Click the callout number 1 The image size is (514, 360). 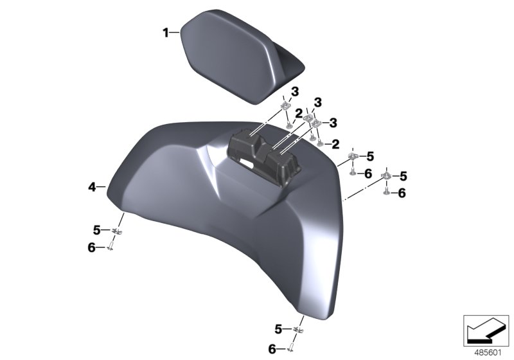pyautogui.click(x=165, y=32)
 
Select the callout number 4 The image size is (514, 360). pyautogui.click(x=92, y=187)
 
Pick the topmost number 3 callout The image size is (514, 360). pyautogui.click(x=295, y=92)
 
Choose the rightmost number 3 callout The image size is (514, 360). pyautogui.click(x=333, y=122)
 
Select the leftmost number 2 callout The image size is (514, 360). pyautogui.click(x=298, y=113)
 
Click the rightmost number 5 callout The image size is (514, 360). pyautogui.click(x=403, y=175)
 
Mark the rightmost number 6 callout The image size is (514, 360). pyautogui.click(x=402, y=192)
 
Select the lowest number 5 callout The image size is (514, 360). pyautogui.click(x=278, y=329)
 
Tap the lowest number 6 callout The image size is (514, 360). pyautogui.click(x=272, y=348)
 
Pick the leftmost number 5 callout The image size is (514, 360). pyautogui.click(x=96, y=230)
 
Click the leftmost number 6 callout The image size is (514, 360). pyautogui.click(x=92, y=247)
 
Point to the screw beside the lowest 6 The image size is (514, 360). pyautogui.click(x=291, y=349)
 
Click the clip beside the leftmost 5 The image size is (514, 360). pyautogui.click(x=116, y=231)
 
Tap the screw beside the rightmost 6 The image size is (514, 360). pyautogui.click(x=386, y=192)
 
